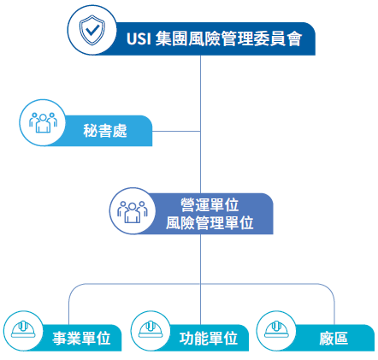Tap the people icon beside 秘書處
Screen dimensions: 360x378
pyautogui.click(x=42, y=122)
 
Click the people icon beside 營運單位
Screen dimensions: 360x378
pyautogui.click(x=133, y=210)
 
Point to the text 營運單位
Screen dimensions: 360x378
pyautogui.click(x=210, y=205)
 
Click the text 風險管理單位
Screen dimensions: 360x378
pyautogui.click(x=210, y=223)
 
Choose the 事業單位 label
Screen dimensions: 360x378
pyautogui.click(x=81, y=338)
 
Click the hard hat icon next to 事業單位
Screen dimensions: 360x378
pyautogui.click(x=23, y=331)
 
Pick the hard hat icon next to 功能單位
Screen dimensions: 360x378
pyautogui.click(x=151, y=331)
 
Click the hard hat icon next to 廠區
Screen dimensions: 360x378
pyautogui.click(x=276, y=331)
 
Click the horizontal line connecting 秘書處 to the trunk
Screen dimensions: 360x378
pyautogui.click(x=176, y=132)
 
